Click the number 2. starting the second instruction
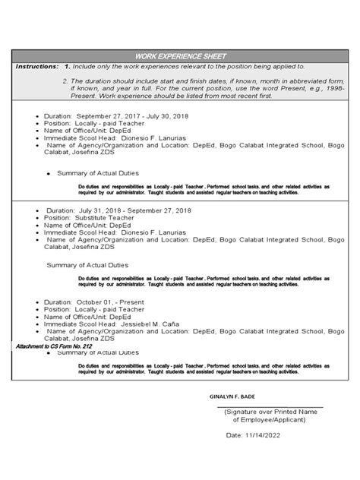pyautogui.click(x=66, y=81)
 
